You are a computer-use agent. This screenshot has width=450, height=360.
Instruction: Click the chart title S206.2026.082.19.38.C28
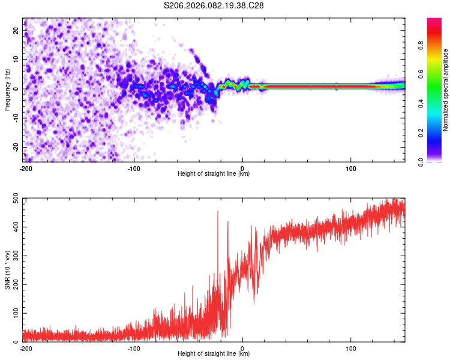point(214,5)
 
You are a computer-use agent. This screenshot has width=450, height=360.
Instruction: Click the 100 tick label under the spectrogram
point(351,168)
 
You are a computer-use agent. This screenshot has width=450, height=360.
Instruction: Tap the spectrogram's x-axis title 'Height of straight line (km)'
point(214,173)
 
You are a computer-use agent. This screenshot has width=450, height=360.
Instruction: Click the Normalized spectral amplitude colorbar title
point(445,90)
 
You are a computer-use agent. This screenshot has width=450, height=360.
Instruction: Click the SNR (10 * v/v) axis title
point(7,270)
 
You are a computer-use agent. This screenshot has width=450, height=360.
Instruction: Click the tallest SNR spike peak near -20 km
point(218,211)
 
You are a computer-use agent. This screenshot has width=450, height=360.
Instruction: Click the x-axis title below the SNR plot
point(214,353)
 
